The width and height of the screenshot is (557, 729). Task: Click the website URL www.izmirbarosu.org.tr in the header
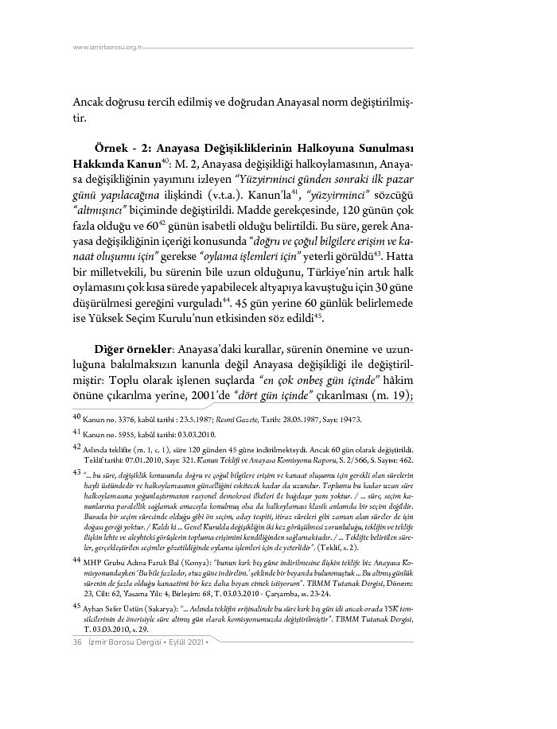click(x=107, y=47)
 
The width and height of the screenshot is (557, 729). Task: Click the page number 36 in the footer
click(x=67, y=687)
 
